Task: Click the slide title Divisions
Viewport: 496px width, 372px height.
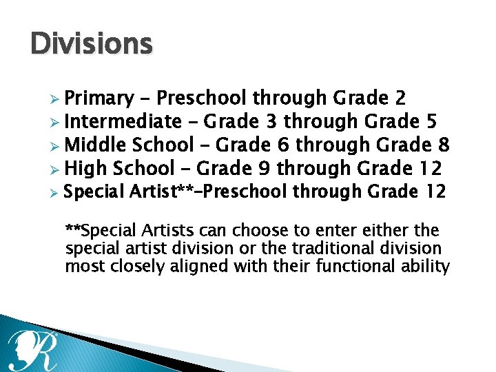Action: tap(91, 44)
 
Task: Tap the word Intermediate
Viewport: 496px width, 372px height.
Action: tap(122, 122)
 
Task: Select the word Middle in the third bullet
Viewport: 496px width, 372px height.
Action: tap(95, 145)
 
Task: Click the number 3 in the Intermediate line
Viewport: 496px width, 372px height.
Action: tap(271, 122)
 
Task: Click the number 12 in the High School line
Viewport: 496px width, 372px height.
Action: tap(433, 167)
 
